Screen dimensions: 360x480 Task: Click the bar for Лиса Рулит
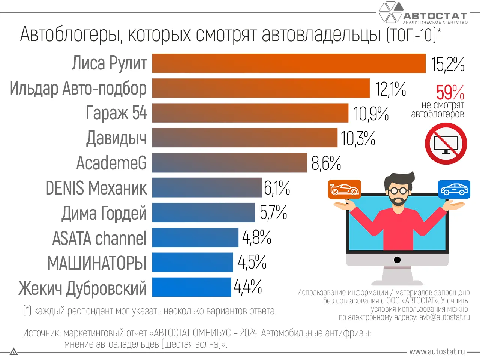pos(289,63)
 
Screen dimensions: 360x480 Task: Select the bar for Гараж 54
pos(250,113)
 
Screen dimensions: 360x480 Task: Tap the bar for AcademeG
pos(229,163)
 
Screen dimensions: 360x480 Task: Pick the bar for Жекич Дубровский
pos(192,287)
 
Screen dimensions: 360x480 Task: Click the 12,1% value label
pos(390,89)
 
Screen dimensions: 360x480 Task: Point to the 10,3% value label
pos(358,138)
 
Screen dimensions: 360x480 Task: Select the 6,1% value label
pos(277,188)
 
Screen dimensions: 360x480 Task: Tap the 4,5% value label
pos(252,262)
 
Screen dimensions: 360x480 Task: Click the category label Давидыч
pos(116,138)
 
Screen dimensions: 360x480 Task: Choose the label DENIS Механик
pos(96,188)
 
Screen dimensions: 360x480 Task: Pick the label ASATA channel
pos(99,238)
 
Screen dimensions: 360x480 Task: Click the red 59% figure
pos(450,92)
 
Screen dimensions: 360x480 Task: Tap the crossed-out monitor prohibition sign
pos(445,144)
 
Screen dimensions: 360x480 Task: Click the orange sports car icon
pos(344,189)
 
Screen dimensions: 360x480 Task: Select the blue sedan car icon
pos(454,189)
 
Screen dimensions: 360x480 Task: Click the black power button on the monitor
pos(397,260)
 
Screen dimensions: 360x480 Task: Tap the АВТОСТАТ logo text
pos(435,16)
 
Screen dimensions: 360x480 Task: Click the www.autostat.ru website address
pos(437,352)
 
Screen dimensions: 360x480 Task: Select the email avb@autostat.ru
pos(444,317)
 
